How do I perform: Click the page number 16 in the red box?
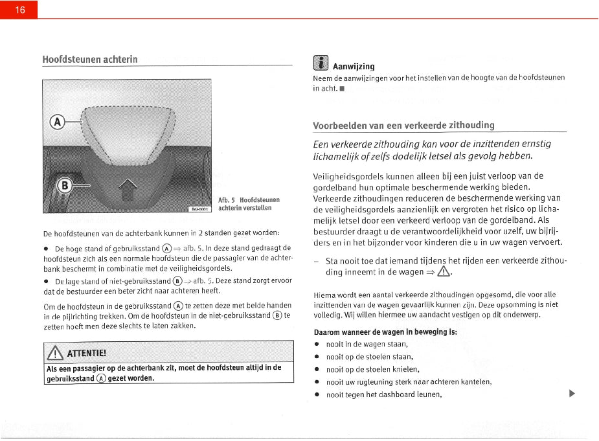pyautogui.click(x=19, y=10)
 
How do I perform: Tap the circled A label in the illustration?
pyautogui.click(x=58, y=122)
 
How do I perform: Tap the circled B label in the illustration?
pyautogui.click(x=65, y=185)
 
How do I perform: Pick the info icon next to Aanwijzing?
pyautogui.click(x=320, y=63)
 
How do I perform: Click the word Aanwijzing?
pyautogui.click(x=354, y=66)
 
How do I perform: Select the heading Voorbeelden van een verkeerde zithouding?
pyautogui.click(x=403, y=125)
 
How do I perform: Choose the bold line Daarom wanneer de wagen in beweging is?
pyautogui.click(x=385, y=332)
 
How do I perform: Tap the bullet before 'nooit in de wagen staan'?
pyautogui.click(x=317, y=345)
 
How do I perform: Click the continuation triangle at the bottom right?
pyautogui.click(x=571, y=393)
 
